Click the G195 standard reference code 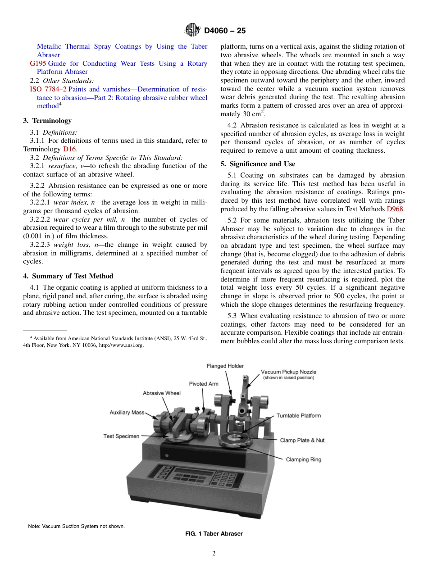coord(38,64)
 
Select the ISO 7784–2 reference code coord(48,89)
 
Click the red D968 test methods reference coord(395,209)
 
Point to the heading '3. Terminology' coord(47,121)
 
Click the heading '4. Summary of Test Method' coord(68,276)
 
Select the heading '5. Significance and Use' coord(258,164)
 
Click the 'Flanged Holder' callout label coord(225,366)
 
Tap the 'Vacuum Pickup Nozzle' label coord(288,372)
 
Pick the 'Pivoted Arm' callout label coord(204,384)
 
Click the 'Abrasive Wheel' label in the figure coord(162,393)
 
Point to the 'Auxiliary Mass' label coord(127,413)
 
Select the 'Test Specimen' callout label coord(121,436)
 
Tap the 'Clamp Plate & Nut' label coord(302,440)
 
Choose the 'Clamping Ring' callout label coord(304,459)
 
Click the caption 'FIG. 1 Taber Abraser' coord(214,534)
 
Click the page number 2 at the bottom coord(214,554)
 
